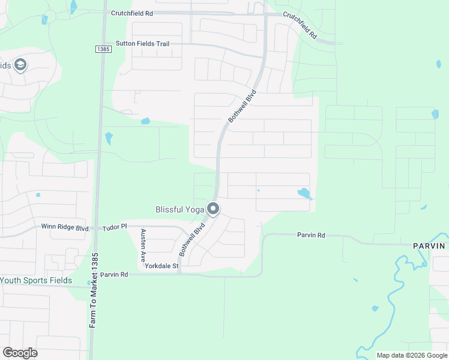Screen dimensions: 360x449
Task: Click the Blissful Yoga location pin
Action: click(213, 209)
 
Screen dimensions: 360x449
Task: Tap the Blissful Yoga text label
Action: click(180, 209)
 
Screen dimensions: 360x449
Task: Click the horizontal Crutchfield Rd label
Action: click(132, 12)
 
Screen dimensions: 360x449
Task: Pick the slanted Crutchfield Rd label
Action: click(300, 26)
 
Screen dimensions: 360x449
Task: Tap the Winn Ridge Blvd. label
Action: click(65, 227)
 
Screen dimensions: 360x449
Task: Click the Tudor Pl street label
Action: click(115, 227)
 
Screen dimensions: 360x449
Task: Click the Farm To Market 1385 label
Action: click(94, 290)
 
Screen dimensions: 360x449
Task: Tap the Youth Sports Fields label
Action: click(36, 280)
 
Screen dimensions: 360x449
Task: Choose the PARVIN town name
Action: click(429, 246)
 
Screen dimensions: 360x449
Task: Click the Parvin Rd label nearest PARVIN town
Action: click(311, 235)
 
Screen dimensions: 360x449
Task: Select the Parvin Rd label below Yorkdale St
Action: click(114, 274)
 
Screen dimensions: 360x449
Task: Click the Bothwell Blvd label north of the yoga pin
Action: click(242, 106)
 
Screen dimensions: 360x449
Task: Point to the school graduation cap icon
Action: click(20, 65)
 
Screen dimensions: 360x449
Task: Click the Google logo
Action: click(20, 352)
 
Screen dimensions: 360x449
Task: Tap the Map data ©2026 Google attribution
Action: click(412, 355)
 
